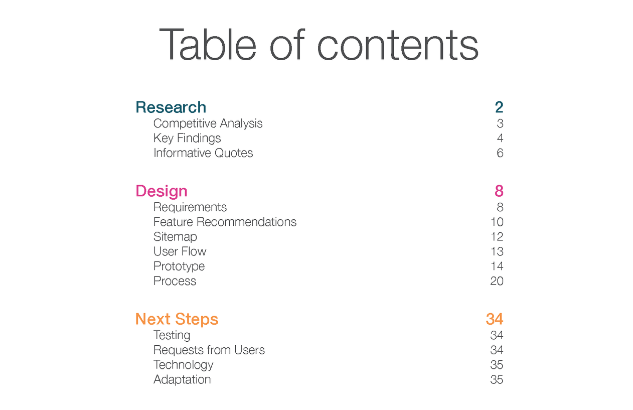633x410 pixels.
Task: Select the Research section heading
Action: [x=171, y=107]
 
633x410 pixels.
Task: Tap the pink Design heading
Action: [x=161, y=191]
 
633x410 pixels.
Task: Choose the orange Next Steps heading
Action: [x=177, y=319]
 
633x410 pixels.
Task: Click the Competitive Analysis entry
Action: [x=208, y=123]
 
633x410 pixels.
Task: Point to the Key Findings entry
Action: [x=187, y=138]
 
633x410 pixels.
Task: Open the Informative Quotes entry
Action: [x=203, y=153]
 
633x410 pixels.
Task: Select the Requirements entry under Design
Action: [x=190, y=207]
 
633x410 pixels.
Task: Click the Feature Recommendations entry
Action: [x=225, y=222]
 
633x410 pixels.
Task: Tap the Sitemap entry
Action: [x=175, y=237]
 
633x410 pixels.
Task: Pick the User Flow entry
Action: [x=180, y=251]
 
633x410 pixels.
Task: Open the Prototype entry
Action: [x=179, y=266]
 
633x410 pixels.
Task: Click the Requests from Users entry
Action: [x=209, y=350]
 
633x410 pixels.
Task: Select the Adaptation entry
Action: [x=182, y=379]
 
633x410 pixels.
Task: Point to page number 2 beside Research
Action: [x=499, y=107]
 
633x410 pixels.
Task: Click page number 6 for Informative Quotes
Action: [x=500, y=153]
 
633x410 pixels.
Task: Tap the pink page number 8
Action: [x=499, y=191]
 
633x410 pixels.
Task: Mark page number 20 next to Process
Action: [x=497, y=281]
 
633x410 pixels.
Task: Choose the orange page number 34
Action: [x=494, y=319]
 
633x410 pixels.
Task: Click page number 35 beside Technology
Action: [x=497, y=365]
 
